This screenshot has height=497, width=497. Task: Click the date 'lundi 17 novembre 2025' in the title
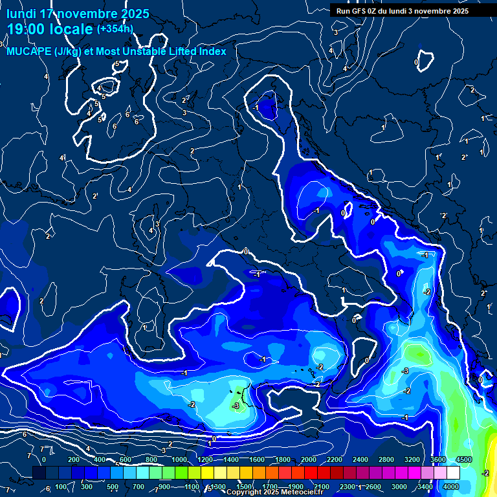78,14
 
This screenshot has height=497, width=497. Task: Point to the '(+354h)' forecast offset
115,28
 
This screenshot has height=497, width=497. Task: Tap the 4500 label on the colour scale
463,459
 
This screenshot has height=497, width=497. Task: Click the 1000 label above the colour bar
179,459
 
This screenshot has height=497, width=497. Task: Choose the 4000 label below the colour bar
451,487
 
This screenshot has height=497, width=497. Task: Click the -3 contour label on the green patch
236,406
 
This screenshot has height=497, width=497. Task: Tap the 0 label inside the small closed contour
416,62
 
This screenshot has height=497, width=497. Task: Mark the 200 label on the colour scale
74,459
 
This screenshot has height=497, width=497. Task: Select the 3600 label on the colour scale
439,459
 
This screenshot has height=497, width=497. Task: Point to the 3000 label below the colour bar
399,487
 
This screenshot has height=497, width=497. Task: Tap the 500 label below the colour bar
113,487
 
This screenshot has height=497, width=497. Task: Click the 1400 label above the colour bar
230,459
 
